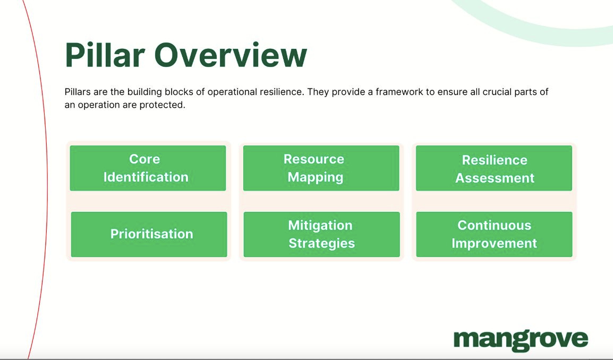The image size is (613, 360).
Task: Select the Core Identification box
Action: pos(148,168)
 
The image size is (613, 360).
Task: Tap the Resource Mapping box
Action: pos(321,168)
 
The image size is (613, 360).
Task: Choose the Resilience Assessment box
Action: pos(494,168)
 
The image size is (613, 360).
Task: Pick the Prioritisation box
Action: pos(149,234)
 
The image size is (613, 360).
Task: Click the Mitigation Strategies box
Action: pos(321,234)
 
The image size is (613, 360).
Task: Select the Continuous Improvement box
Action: pos(494,234)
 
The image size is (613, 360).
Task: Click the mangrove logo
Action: pos(521,340)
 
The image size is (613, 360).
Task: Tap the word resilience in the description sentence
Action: pos(279,92)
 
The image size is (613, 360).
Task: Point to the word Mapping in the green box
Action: pos(316,177)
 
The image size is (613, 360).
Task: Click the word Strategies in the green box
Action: pos(322,244)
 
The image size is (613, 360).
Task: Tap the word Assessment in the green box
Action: pos(495,178)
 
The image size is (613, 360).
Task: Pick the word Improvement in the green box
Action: pos(494,244)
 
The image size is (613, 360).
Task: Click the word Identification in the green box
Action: pos(146,177)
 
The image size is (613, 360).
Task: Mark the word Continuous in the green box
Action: pos(494,225)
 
